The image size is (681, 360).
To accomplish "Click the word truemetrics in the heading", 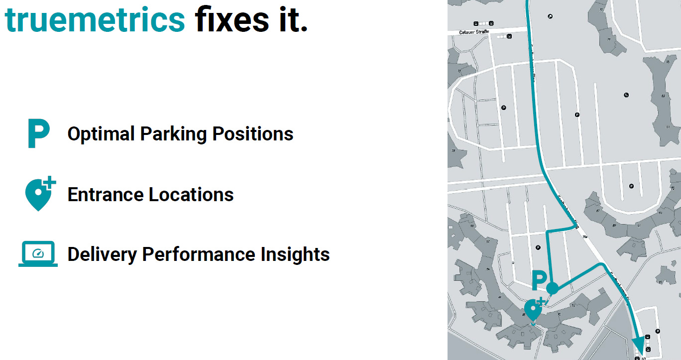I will coord(95,20).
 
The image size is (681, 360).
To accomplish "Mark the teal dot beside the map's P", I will coord(552,288).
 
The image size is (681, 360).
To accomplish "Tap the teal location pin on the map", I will coord(533,310).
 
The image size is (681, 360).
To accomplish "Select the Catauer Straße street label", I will coord(475,32).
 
